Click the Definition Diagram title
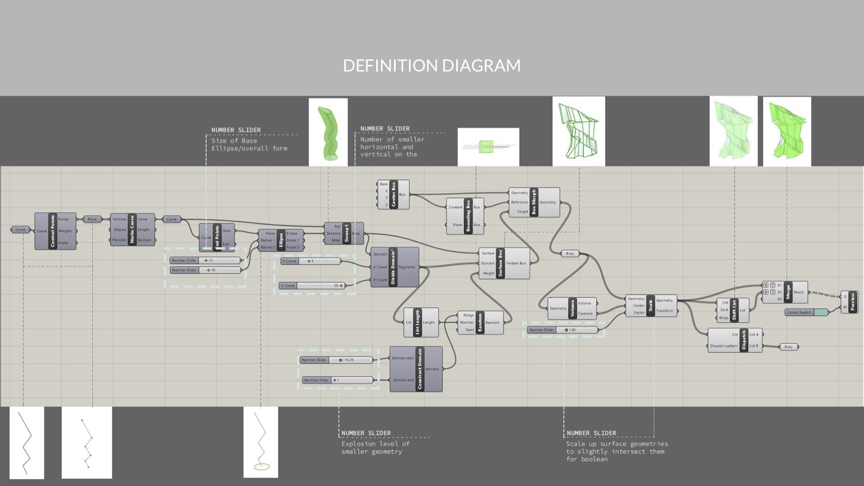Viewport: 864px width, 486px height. point(431,66)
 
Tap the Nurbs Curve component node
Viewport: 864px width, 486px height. point(132,229)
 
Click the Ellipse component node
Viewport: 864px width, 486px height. point(281,240)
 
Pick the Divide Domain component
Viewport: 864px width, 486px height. point(394,267)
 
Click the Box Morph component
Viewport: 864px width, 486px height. point(534,202)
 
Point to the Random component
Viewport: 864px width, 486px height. point(480,323)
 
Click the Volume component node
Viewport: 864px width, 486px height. point(572,308)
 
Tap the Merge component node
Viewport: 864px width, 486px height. point(787,292)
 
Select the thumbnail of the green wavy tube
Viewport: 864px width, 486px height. point(328,132)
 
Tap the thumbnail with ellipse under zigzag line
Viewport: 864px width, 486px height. point(260,442)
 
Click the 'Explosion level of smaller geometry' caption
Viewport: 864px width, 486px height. point(375,447)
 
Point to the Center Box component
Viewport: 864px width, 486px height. point(393,194)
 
